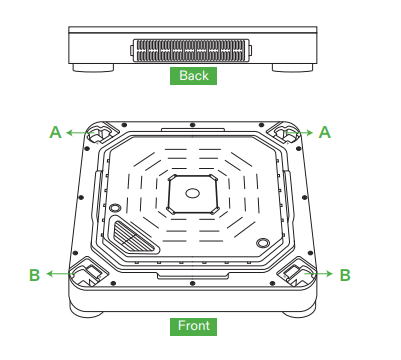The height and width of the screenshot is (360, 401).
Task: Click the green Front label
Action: pos(195,326)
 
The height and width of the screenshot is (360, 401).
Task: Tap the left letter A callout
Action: pos(56,131)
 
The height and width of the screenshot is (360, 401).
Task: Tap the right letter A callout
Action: pos(324,131)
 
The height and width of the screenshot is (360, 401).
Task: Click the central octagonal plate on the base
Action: pos(192,192)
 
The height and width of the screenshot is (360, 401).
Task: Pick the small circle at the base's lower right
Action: pos(262,242)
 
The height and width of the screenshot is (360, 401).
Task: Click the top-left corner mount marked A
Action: pos(100,133)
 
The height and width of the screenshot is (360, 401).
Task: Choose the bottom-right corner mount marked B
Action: pos(297,271)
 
